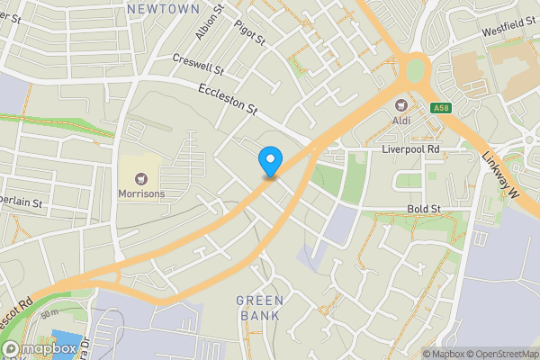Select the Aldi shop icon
click(401, 103)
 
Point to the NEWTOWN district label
click(163, 8)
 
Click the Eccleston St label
click(228, 99)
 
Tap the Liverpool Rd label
click(409, 148)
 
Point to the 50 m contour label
click(49, 313)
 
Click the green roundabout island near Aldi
click(415, 68)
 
